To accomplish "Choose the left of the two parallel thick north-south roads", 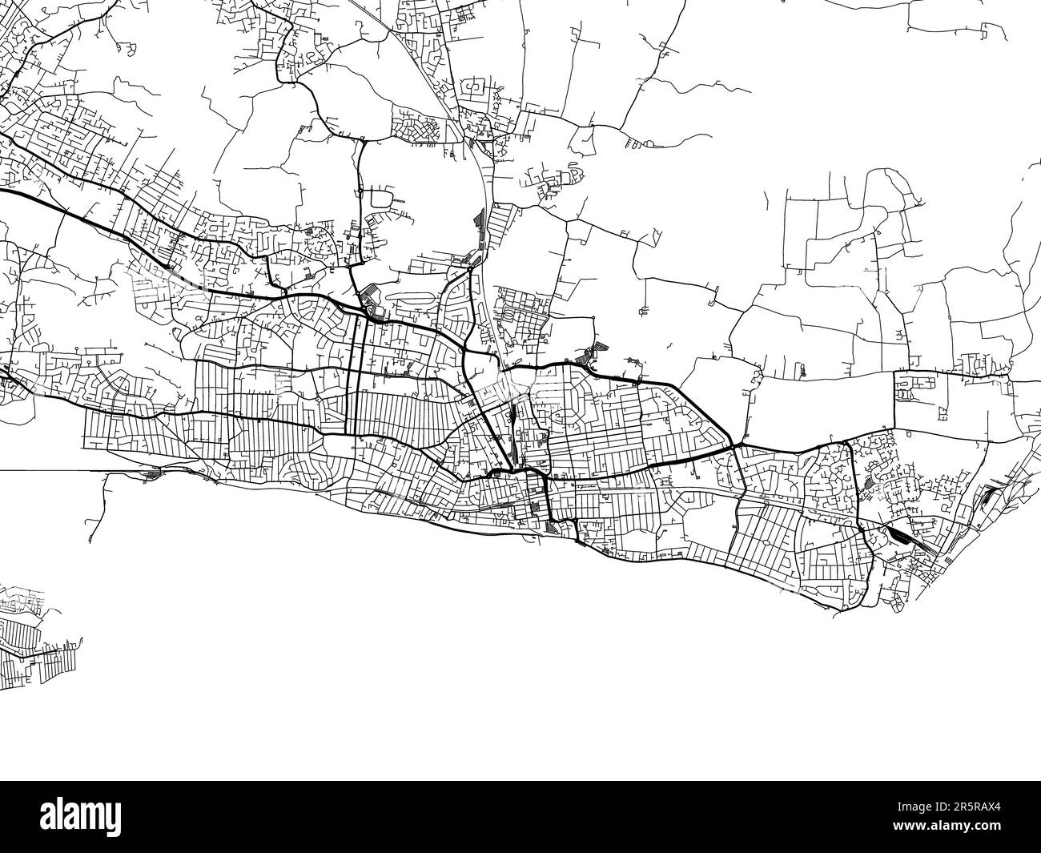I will pos(352,376).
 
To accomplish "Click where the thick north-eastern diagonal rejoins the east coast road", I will pos(733,444).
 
